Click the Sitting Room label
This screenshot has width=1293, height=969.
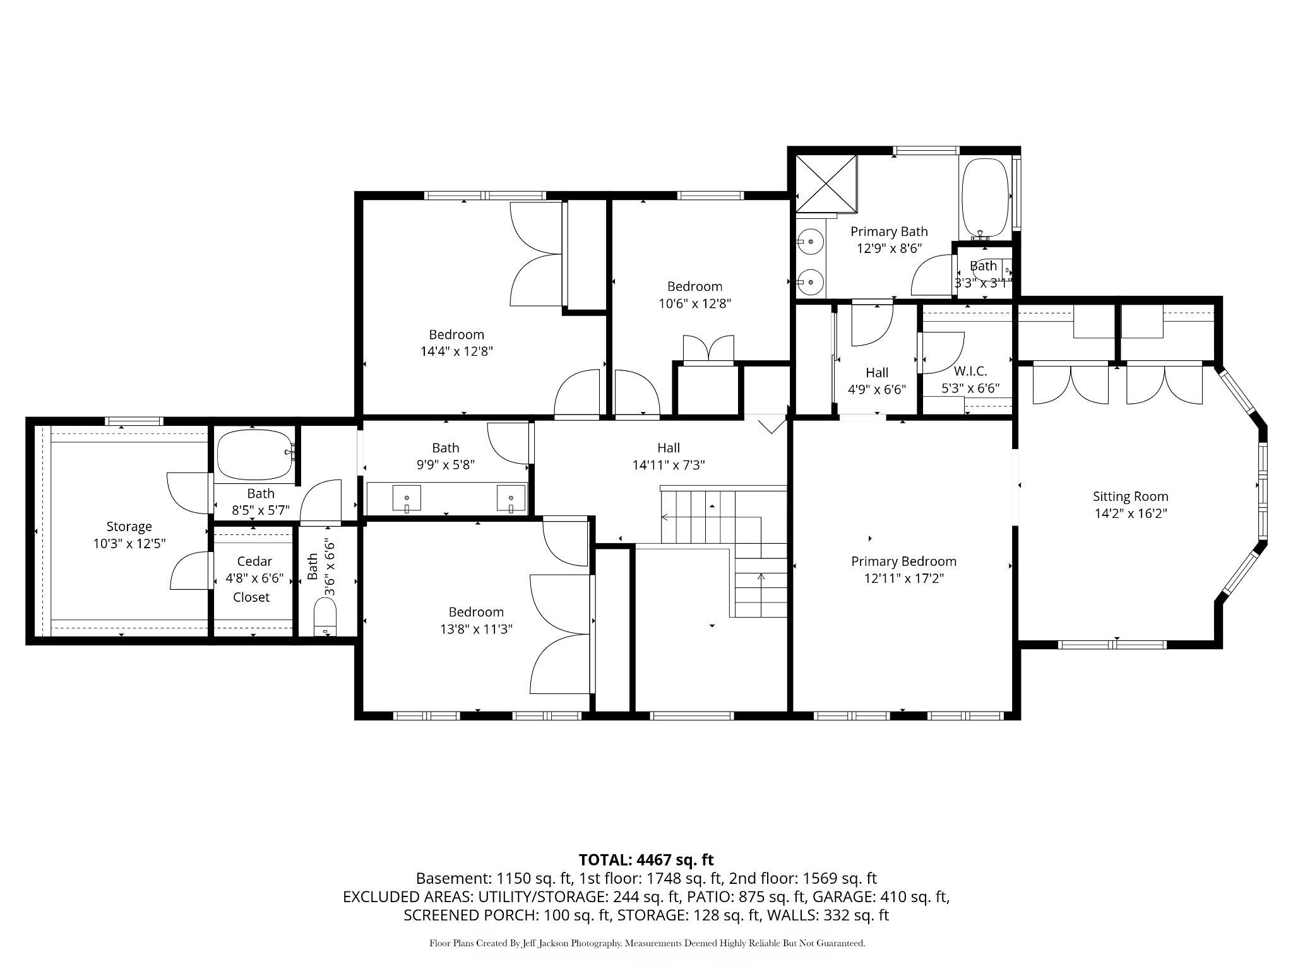click(1130, 496)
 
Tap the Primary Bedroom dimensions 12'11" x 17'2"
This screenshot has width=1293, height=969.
click(903, 578)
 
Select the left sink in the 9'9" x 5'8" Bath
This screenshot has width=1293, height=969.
click(407, 498)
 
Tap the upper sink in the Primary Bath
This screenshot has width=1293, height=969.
click(809, 241)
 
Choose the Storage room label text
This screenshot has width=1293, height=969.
click(129, 526)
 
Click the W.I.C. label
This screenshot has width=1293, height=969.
click(970, 372)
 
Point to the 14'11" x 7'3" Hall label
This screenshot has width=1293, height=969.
click(668, 456)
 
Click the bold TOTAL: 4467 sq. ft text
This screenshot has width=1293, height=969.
click(646, 859)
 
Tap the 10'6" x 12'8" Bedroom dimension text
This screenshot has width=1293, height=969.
click(694, 304)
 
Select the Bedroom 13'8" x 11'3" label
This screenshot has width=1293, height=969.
click(476, 620)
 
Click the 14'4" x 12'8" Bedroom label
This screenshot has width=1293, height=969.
click(456, 343)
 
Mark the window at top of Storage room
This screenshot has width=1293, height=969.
click(134, 421)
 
